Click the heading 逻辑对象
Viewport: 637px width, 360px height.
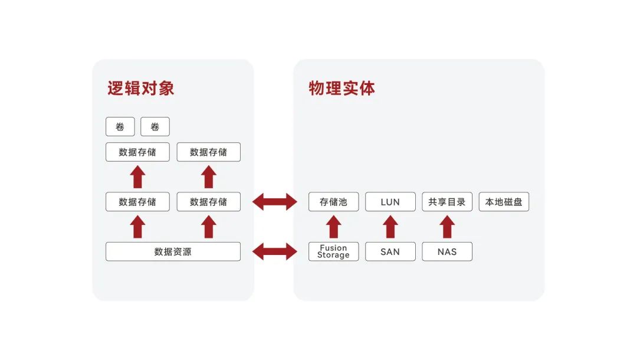pyautogui.click(x=140, y=89)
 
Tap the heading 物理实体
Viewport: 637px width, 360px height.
pyautogui.click(x=342, y=89)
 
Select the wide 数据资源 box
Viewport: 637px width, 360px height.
pyautogui.click(x=173, y=251)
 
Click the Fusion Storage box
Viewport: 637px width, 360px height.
pyautogui.click(x=333, y=251)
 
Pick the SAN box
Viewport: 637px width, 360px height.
pyautogui.click(x=390, y=251)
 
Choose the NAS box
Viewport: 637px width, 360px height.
pyautogui.click(x=446, y=251)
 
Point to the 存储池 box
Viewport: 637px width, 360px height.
pyautogui.click(x=333, y=202)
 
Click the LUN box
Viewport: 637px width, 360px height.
pyautogui.click(x=390, y=202)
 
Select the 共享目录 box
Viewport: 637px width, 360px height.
pyautogui.click(x=446, y=202)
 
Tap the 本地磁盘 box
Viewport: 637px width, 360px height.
pyautogui.click(x=504, y=202)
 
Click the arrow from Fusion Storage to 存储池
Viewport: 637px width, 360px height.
pyautogui.click(x=333, y=227)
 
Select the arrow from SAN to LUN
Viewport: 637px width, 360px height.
pyautogui.click(x=390, y=227)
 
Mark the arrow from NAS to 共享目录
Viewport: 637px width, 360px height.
pyautogui.click(x=447, y=227)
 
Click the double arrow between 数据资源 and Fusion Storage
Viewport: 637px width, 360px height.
pyautogui.click(x=275, y=252)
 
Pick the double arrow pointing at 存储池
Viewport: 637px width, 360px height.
pyautogui.click(x=275, y=202)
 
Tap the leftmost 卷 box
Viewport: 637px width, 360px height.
pyautogui.click(x=120, y=127)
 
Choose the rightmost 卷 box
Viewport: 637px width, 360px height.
pyautogui.click(x=155, y=127)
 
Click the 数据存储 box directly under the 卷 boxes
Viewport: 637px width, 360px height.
pyautogui.click(x=137, y=152)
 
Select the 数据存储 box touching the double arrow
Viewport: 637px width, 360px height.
pyautogui.click(x=208, y=202)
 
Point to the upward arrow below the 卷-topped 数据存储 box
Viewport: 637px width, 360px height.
pyautogui.click(x=137, y=177)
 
